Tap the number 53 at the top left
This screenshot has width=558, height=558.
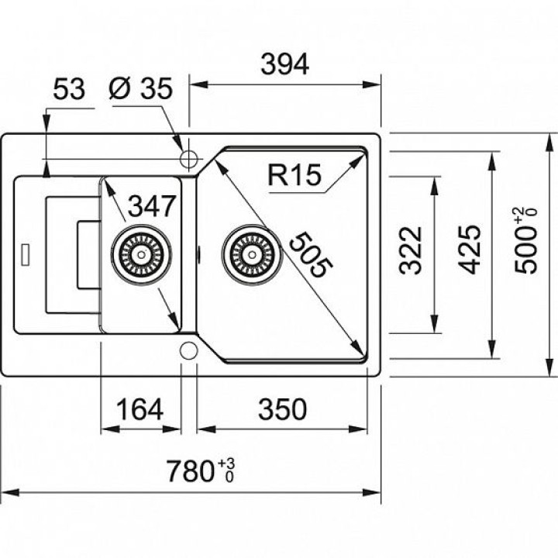pyautogui.click(x=68, y=90)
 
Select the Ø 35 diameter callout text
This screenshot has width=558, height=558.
pyautogui.click(x=140, y=90)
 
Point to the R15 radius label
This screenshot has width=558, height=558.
pyautogui.click(x=294, y=177)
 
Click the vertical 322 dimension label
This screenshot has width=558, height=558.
pyautogui.click(x=412, y=250)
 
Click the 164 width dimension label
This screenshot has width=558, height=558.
pyautogui.click(x=140, y=408)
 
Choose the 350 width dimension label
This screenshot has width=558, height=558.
pyautogui.click(x=282, y=408)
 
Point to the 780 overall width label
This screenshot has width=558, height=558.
pyautogui.click(x=191, y=470)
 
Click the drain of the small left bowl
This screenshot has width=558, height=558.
pyautogui.click(x=139, y=253)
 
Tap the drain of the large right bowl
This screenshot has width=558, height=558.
pyautogui.click(x=249, y=253)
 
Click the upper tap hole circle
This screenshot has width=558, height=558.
pyautogui.click(x=188, y=159)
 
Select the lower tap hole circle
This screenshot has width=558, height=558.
pyautogui.click(x=188, y=350)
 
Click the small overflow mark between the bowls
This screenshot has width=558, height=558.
pyautogui.click(x=198, y=253)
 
